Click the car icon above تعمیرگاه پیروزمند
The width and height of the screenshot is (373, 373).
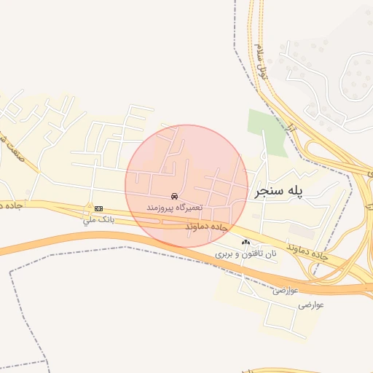173,197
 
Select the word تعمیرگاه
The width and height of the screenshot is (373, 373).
188,208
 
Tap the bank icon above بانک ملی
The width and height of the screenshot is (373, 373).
98,208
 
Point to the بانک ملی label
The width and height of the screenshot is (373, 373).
98,219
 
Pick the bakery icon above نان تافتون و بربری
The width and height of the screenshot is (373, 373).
246,243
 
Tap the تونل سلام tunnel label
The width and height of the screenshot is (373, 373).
262,63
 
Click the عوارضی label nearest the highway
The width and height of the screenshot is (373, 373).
285,291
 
